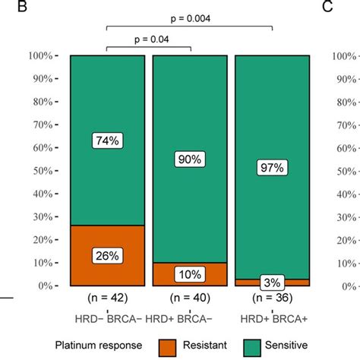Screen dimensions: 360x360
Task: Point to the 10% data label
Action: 190,274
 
